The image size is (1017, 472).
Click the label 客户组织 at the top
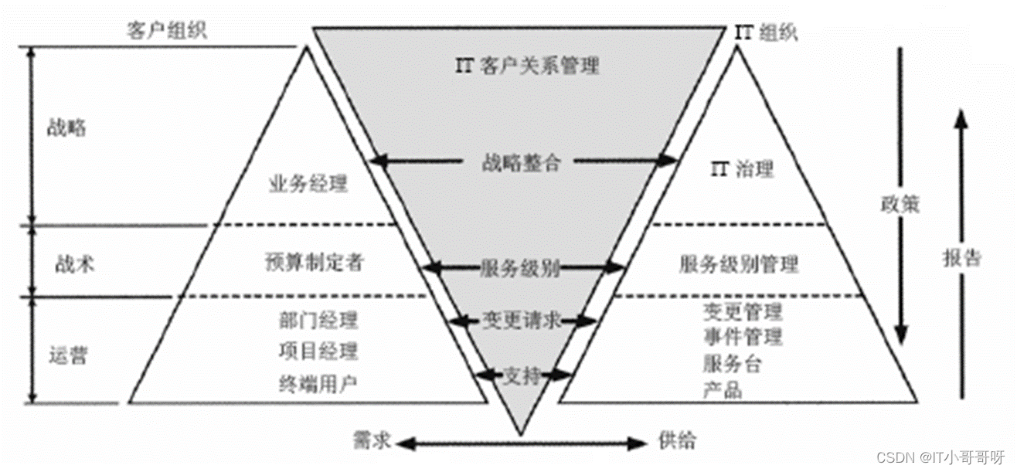tap(167, 30)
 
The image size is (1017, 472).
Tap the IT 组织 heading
tap(764, 33)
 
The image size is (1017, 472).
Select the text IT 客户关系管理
tap(526, 66)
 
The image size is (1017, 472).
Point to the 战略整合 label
tap(519, 162)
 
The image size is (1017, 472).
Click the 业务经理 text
tap(308, 184)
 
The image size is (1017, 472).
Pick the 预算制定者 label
tap(313, 262)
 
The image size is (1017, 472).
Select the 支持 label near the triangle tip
tap(519, 375)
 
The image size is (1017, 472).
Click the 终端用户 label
tap(318, 382)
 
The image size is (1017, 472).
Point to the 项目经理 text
tap(318, 351)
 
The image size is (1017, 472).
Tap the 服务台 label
tap(732, 363)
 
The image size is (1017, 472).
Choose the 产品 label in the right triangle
tap(723, 389)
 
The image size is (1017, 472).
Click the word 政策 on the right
tap(900, 205)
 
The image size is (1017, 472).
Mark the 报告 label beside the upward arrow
tap(962, 257)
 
